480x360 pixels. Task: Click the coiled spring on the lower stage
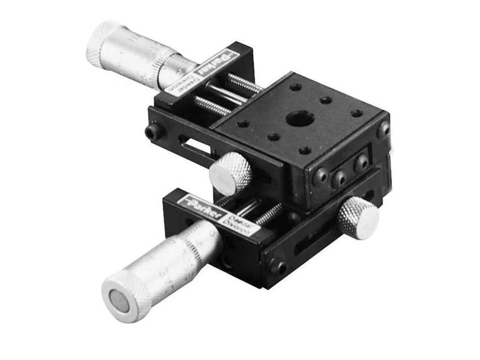(x=268, y=212)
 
